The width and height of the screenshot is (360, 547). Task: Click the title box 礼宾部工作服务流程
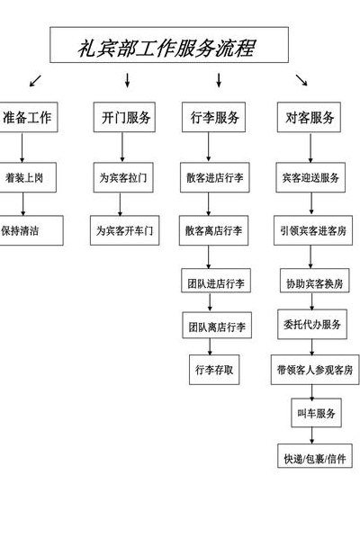pyautogui.click(x=169, y=45)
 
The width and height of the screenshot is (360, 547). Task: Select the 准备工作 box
pyautogui.click(x=28, y=117)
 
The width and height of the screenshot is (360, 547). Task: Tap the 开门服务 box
pyautogui.click(x=124, y=117)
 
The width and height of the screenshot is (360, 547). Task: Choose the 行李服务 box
pyautogui.click(x=213, y=117)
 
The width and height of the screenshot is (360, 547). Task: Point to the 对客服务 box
pyautogui.click(x=309, y=117)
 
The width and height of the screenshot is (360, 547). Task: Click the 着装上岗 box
pyautogui.click(x=27, y=177)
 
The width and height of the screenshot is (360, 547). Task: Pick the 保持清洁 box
pyautogui.click(x=31, y=230)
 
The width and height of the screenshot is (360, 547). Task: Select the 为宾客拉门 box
pyautogui.click(x=123, y=177)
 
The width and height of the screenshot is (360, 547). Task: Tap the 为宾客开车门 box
pyautogui.click(x=124, y=230)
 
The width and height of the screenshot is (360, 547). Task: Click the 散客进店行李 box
pyautogui.click(x=215, y=177)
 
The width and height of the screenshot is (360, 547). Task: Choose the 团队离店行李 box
pyautogui.click(x=217, y=325)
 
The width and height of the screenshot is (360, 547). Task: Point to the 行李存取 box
pyautogui.click(x=214, y=370)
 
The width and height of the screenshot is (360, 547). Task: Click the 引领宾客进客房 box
pyautogui.click(x=313, y=230)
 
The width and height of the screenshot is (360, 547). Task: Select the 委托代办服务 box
pyautogui.click(x=312, y=324)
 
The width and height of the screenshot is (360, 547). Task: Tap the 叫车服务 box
pyautogui.click(x=317, y=413)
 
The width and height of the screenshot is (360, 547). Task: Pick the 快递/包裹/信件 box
pyautogui.click(x=315, y=455)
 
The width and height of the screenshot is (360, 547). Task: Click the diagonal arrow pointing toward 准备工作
pyautogui.click(x=35, y=81)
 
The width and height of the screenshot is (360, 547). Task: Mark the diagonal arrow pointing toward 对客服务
pyautogui.click(x=301, y=80)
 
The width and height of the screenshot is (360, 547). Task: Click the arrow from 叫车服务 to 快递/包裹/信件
pyautogui.click(x=312, y=435)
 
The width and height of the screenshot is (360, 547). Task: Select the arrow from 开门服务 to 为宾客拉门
pyautogui.click(x=122, y=148)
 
